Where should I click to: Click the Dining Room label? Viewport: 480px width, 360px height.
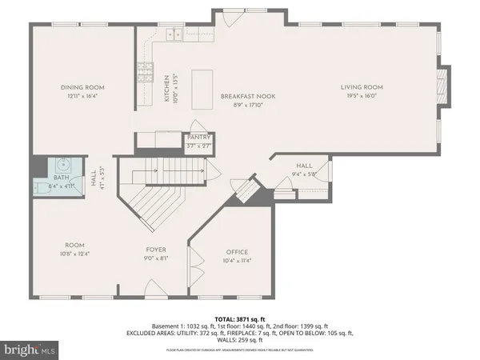[x=83, y=87]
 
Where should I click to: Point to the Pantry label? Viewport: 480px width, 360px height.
[x=198, y=137]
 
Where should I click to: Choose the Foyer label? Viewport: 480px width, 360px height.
[x=155, y=250]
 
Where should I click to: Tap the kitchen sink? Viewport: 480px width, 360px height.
[x=172, y=35]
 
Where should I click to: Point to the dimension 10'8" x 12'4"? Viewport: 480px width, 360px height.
[x=74, y=253]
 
